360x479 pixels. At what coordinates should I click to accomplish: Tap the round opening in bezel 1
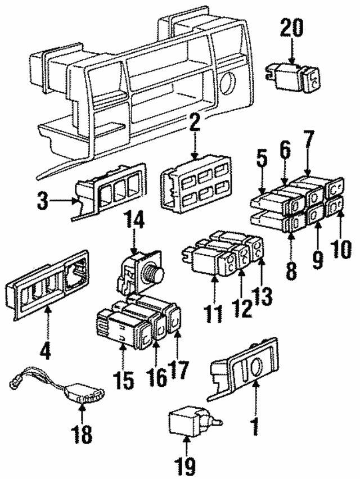[254, 367]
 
